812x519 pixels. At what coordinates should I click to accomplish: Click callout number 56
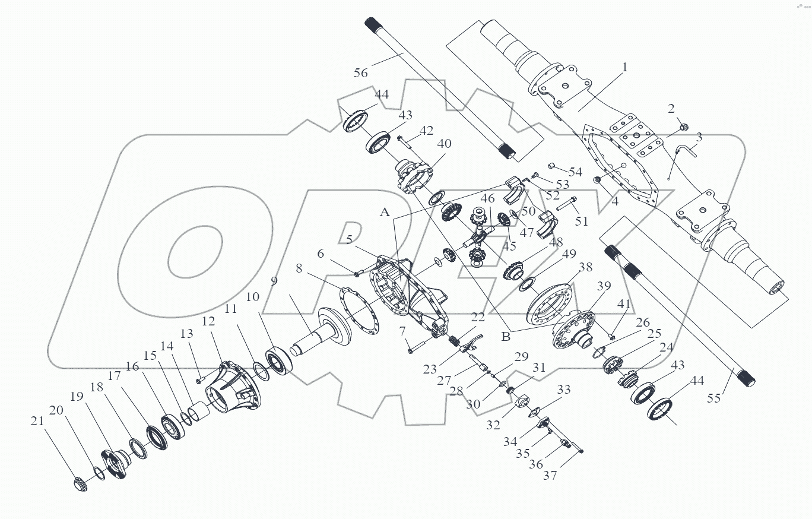pos(361,72)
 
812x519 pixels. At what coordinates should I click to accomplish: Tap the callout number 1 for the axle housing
pos(624,68)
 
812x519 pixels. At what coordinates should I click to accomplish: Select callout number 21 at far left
pos(37,421)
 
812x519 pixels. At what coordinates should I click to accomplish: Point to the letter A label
pos(385,213)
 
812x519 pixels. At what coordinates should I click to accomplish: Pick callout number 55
pos(713,398)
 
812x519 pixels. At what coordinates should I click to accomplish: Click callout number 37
pos(550,476)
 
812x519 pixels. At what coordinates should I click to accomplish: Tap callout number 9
pos(274,281)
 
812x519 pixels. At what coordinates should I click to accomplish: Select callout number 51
pos(582,221)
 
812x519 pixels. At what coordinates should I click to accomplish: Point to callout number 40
pos(444,144)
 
